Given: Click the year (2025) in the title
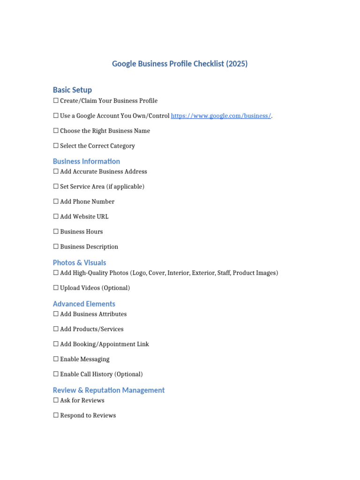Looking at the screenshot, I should click(x=236, y=64).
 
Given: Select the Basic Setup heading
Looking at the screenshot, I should click(x=72, y=90).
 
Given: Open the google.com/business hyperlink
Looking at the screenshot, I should click(x=221, y=116).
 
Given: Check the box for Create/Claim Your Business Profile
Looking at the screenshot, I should click(x=56, y=101).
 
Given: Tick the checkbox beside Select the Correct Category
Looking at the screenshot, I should click(x=56, y=146).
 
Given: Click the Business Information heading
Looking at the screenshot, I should click(x=86, y=161).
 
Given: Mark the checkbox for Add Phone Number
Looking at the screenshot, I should click(x=56, y=202).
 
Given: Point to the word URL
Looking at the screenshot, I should click(x=102, y=217).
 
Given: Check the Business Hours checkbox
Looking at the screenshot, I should click(x=56, y=232).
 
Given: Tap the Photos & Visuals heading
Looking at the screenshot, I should click(x=79, y=262).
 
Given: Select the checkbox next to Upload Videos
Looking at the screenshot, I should click(x=56, y=288).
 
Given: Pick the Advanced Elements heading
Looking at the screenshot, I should click(x=84, y=304).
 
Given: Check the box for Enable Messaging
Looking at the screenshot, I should click(x=56, y=359).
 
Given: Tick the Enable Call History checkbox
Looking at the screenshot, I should click(x=56, y=374).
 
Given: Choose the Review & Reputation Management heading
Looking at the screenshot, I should click(x=109, y=390).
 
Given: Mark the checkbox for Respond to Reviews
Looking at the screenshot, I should click(x=56, y=415).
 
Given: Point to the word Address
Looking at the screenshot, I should click(x=135, y=172).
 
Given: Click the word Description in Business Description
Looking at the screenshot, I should click(x=102, y=247).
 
